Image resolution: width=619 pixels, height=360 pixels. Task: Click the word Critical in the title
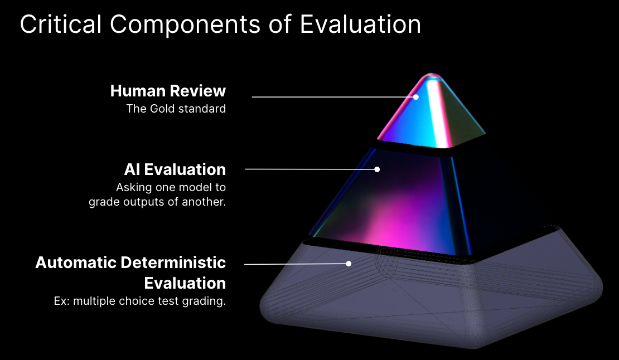61,25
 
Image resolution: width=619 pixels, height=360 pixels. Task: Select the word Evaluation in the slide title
360,25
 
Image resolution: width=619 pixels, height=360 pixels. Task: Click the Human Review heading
168,91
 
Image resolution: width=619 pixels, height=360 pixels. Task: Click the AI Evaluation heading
175,169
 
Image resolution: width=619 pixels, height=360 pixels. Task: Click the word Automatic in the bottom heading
76,262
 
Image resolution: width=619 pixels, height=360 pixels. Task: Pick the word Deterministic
173,262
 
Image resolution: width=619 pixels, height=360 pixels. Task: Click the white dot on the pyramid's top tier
415,96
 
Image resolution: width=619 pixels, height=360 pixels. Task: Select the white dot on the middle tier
377,169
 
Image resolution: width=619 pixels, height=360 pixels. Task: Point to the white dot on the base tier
349,264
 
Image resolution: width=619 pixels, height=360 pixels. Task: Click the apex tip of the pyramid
431,74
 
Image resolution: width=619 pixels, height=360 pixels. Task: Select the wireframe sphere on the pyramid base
386,261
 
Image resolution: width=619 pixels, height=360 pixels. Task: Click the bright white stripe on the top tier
437,113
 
